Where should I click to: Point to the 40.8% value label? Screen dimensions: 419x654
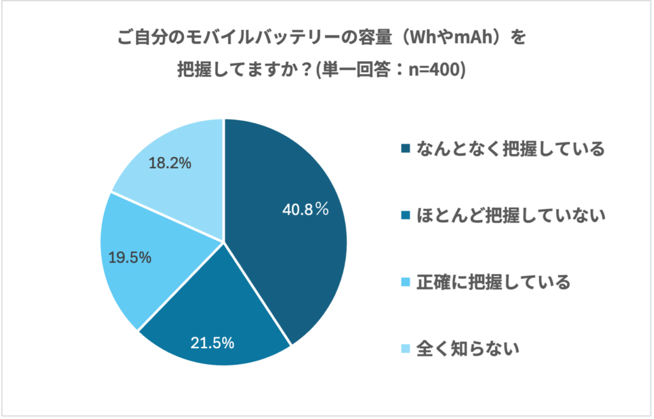pyautogui.click(x=305, y=208)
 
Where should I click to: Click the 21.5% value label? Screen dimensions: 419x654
pyautogui.click(x=213, y=342)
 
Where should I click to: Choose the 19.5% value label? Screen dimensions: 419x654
pyautogui.click(x=130, y=257)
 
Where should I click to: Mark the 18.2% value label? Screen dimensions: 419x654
pyautogui.click(x=170, y=163)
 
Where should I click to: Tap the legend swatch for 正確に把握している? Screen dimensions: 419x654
pyautogui.click(x=405, y=282)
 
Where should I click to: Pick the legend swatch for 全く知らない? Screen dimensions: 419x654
pyautogui.click(x=405, y=349)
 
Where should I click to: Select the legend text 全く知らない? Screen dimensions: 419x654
pyautogui.click(x=467, y=349)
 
